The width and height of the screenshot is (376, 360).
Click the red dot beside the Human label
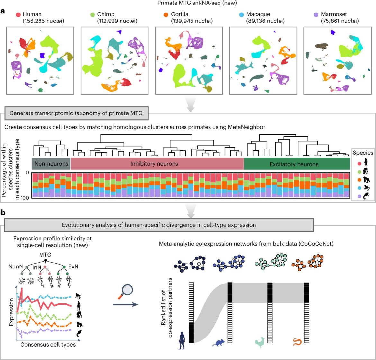pos(18,15)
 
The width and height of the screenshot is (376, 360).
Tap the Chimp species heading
pos(106,14)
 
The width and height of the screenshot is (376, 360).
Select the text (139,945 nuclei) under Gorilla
pos(192,21)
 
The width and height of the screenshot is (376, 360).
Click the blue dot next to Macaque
pos(241,15)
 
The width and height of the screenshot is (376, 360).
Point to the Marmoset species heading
pos(334,14)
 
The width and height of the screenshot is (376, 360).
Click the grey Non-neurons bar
pos(51,164)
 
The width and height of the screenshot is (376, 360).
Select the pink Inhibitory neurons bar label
pos(154,164)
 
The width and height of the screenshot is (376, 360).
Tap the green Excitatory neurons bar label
pos(294,164)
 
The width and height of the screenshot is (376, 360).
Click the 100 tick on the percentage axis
pos(25,198)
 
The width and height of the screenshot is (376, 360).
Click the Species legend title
pos(363,153)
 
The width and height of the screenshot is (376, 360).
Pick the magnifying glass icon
pos(126,291)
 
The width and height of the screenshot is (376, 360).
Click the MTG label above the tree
pos(45,255)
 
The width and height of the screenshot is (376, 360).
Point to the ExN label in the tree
pos(73,266)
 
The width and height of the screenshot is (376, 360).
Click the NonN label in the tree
pos(16,266)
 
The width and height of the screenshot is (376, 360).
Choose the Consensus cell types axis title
pos(48,345)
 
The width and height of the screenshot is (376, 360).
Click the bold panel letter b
pos(3,212)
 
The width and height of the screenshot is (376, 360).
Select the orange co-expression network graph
pos(308,262)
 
